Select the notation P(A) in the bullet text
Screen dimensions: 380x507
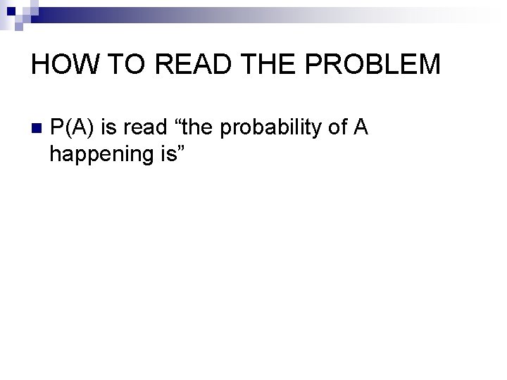click(73, 127)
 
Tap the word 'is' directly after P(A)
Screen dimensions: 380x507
click(109, 127)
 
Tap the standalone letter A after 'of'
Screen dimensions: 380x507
click(361, 127)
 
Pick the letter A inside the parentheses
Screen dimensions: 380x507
click(74, 127)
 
